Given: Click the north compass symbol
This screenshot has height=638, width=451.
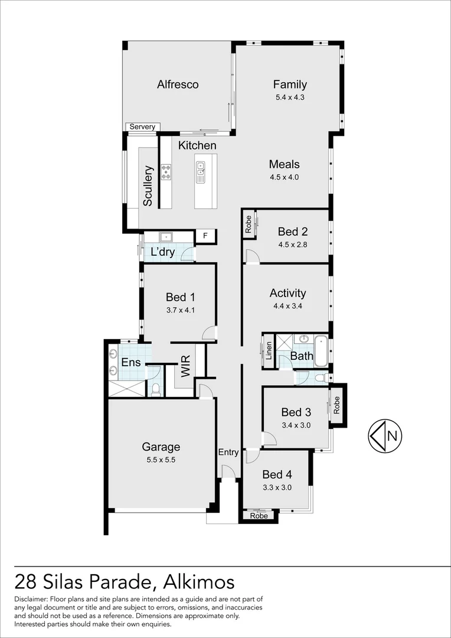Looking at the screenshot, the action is [385, 436].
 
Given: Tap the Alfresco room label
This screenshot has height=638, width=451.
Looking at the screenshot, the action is [178, 84].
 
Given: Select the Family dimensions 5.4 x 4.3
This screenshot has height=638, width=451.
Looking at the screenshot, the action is [290, 97].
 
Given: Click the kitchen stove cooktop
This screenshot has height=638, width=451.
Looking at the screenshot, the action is [166, 172].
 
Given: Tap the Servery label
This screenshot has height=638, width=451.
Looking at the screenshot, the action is [142, 127].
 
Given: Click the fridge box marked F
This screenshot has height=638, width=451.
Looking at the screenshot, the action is [205, 236].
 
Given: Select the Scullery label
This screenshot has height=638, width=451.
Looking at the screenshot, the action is [148, 185].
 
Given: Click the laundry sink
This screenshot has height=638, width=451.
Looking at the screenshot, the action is [166, 237].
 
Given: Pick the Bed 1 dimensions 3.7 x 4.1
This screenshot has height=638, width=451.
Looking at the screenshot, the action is [181, 310].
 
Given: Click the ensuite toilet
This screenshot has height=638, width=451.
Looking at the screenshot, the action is [155, 390].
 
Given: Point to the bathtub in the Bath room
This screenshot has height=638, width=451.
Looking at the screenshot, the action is [321, 350].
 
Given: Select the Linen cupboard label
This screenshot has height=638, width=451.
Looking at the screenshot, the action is [269, 351].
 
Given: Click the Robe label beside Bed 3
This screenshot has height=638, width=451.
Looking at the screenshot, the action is [336, 405].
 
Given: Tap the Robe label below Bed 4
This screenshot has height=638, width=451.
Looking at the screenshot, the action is [259, 516].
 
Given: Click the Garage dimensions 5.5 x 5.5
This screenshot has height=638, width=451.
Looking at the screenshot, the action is [161, 460].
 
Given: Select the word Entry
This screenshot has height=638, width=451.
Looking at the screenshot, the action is [228, 453].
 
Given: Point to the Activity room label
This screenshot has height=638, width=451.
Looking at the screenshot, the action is [288, 294].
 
